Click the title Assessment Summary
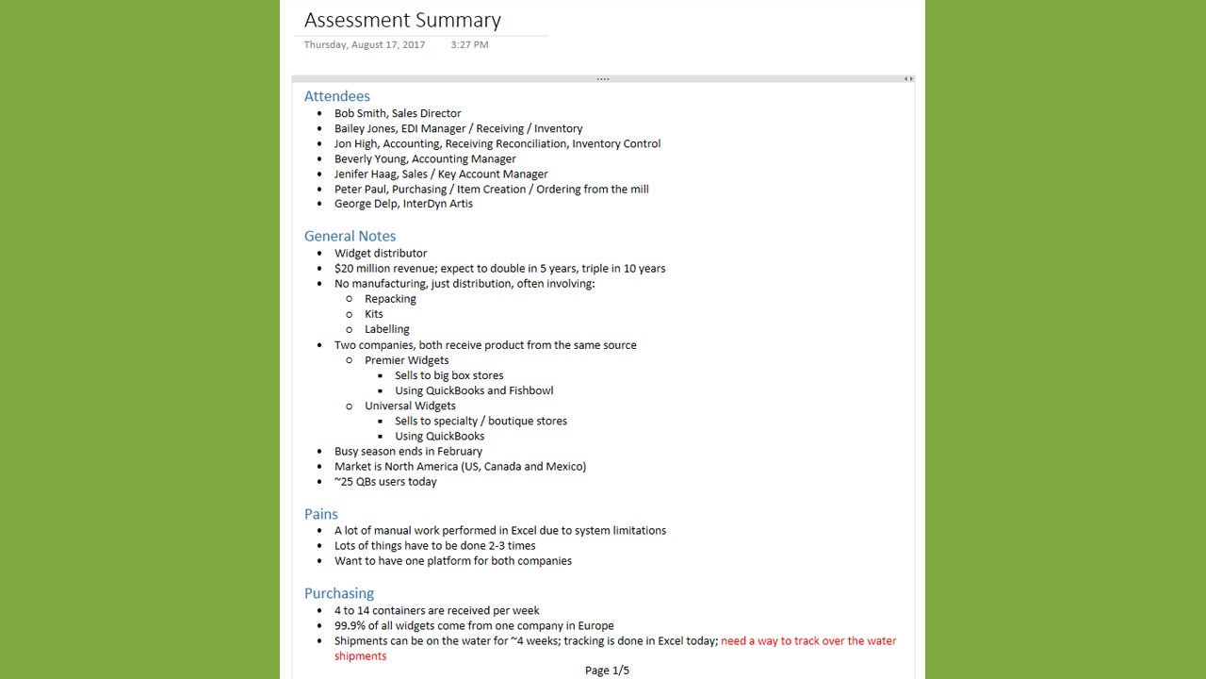(x=402, y=20)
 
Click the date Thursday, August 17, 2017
(x=365, y=44)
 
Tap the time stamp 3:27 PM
(x=469, y=44)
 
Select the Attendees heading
(x=336, y=96)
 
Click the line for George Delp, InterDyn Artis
(x=403, y=204)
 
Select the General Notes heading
(x=350, y=236)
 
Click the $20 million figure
(x=362, y=268)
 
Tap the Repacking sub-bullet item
(x=390, y=299)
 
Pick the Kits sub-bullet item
(x=374, y=314)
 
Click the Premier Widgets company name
(x=406, y=360)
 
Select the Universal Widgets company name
(x=410, y=406)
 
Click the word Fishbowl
(x=530, y=390)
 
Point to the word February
(x=459, y=451)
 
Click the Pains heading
(x=320, y=514)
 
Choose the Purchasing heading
(x=338, y=593)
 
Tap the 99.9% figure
(x=351, y=625)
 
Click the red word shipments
(x=360, y=656)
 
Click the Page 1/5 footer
(x=607, y=671)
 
